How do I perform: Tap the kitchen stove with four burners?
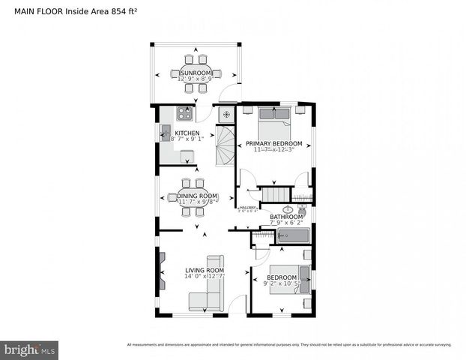(184, 114)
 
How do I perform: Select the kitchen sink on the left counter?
(165, 133)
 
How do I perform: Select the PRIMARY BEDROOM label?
(274, 143)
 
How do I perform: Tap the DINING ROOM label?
(197, 196)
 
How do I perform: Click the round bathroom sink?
(288, 209)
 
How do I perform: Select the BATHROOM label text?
(286, 217)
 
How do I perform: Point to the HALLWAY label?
(247, 208)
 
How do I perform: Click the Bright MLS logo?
(31, 349)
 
